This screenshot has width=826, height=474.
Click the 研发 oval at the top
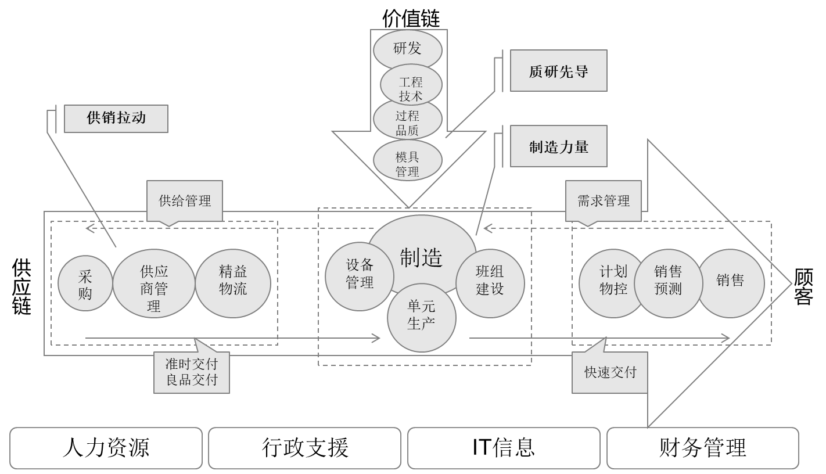407,49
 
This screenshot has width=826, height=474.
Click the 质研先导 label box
558,71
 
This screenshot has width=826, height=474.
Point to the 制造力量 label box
558,146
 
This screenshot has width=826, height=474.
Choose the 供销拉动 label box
116,119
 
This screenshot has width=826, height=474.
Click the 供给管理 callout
185,201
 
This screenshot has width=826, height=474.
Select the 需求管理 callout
603,201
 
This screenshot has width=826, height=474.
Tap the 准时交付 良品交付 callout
191,372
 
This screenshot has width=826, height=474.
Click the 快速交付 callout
609,372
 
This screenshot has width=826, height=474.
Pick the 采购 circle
85,283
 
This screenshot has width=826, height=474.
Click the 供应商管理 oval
153,283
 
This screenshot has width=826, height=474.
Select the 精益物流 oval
233,283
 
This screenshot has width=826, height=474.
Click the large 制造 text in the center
421,257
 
